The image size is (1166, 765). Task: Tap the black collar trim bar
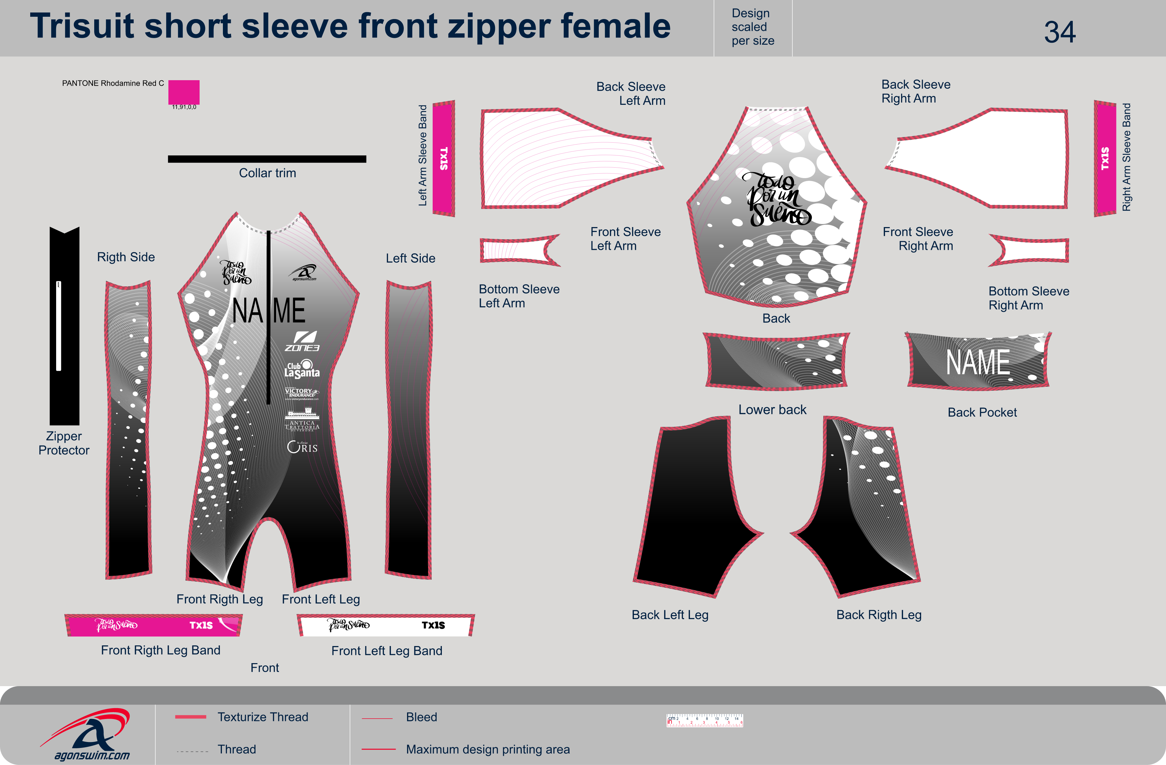click(x=267, y=159)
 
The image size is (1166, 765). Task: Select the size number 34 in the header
click(x=1059, y=32)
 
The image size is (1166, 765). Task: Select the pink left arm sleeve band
click(x=444, y=158)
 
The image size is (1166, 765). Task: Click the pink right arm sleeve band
click(x=1105, y=158)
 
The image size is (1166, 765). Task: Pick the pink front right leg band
click(x=153, y=625)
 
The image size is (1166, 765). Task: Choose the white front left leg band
click(x=386, y=625)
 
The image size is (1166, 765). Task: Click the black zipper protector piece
click(x=65, y=326)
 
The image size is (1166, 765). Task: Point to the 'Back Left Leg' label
click(x=670, y=615)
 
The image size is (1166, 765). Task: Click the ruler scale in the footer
click(x=704, y=720)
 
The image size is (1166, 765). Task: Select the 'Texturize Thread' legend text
click(x=263, y=717)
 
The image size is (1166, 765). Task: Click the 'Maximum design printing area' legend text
click(x=487, y=749)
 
